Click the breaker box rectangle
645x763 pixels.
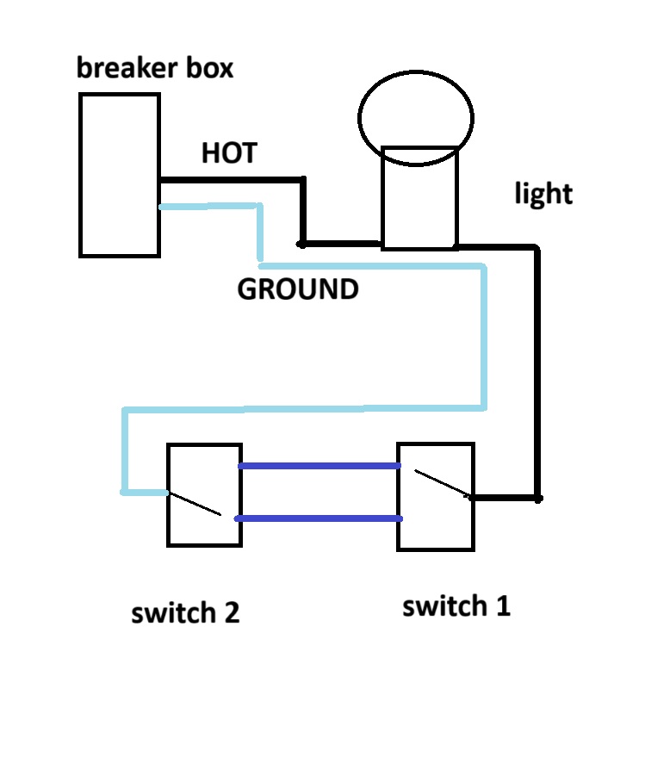[119, 175]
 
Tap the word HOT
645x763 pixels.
[229, 153]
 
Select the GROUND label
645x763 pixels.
[297, 289]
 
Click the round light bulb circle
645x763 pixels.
[416, 118]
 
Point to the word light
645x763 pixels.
[543, 194]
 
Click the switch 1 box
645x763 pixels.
[435, 497]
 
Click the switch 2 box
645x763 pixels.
[204, 494]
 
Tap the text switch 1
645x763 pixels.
[456, 606]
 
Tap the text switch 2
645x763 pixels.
[185, 613]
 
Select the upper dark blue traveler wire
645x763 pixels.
[319, 466]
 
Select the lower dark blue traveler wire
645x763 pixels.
[319, 518]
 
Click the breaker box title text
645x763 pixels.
[155, 67]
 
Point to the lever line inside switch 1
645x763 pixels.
[441, 483]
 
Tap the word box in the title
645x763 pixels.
[208, 67]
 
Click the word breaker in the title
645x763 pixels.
[125, 67]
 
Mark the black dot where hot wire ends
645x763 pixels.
[303, 244]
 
